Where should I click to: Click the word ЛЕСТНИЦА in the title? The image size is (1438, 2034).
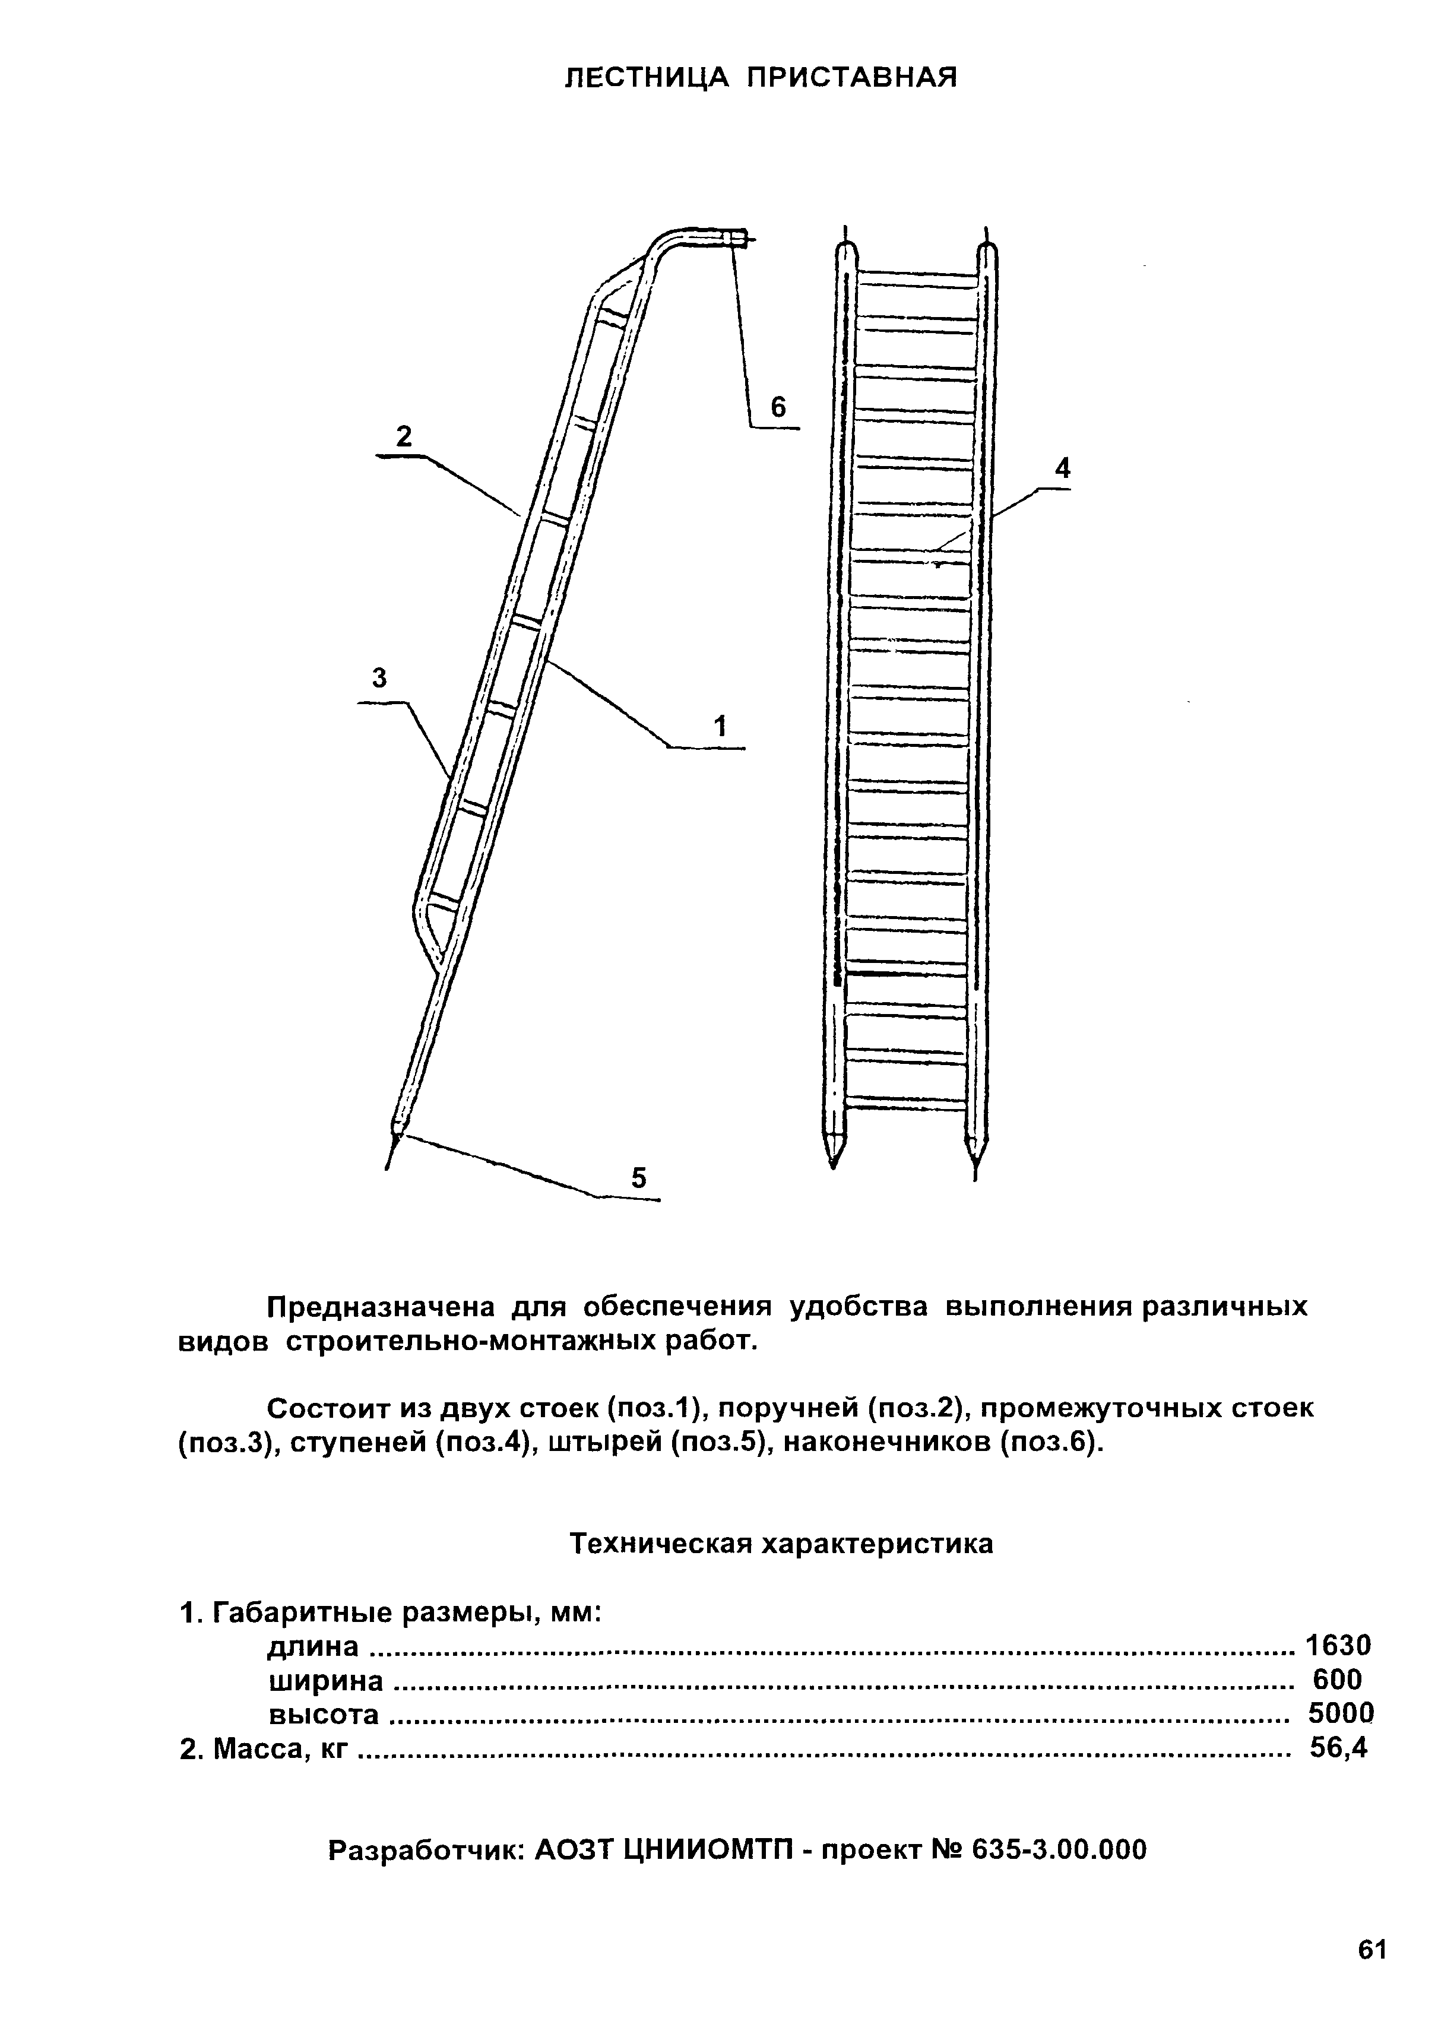(646, 78)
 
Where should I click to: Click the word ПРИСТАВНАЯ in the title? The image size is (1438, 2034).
(851, 78)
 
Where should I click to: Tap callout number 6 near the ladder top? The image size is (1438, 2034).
(778, 407)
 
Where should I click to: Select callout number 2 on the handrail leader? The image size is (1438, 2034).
(404, 437)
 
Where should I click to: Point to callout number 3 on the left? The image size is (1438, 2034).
(380, 679)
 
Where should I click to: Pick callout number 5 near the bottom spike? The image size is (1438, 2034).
(639, 1178)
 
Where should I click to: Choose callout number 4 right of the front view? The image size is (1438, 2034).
(1062, 468)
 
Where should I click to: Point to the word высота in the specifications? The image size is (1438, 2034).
(324, 1715)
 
